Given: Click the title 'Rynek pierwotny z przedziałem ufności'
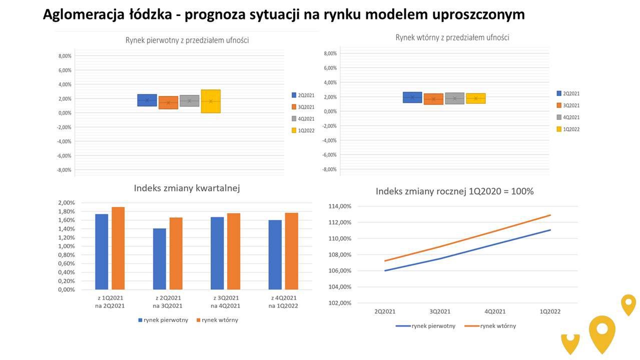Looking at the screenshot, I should (x=187, y=40).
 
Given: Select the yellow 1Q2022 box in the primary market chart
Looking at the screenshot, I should (x=211, y=101).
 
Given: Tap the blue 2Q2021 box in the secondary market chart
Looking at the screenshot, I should (x=412, y=97).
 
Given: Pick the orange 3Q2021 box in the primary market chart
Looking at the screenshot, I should (x=169, y=102).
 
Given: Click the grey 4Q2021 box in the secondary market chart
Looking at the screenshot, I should (x=454, y=98).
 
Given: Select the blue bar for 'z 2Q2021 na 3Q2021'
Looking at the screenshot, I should (x=160, y=258).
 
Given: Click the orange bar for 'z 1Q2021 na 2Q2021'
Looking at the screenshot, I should (x=118, y=248).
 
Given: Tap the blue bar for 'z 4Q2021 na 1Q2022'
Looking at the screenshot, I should (x=275, y=254).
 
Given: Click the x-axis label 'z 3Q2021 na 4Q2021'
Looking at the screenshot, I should (x=225, y=302).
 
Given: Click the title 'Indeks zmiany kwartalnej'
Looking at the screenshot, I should (x=187, y=188).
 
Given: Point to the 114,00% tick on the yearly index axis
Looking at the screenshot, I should (x=340, y=206).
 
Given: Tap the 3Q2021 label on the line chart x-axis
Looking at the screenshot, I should (x=440, y=311).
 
